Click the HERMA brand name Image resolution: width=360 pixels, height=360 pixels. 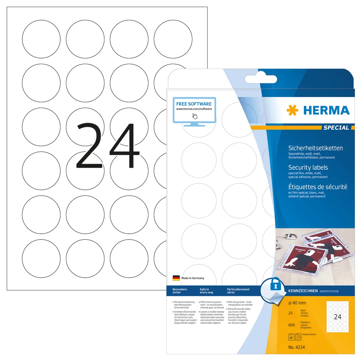tap(326, 110)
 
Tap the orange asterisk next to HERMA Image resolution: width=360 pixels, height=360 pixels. tap(292, 110)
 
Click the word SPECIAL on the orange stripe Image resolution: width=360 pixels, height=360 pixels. tap(336, 128)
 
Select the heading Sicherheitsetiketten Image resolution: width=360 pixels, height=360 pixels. tap(315, 148)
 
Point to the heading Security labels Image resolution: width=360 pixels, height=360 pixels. tap(308, 167)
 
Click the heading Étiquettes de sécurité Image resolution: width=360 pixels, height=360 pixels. tap(317, 187)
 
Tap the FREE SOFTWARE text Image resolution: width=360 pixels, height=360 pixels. tap(194, 104)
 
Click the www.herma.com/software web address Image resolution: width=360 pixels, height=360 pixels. tap(194, 109)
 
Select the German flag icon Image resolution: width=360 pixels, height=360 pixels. tap(176, 278)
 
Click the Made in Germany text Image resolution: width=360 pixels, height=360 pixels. tap(193, 278)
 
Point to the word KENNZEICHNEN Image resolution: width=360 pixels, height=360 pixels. tap(303, 291)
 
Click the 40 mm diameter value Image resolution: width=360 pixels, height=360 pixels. tap(297, 303)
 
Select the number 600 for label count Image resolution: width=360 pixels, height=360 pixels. tap(291, 325)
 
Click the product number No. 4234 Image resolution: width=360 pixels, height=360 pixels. tap(297, 347)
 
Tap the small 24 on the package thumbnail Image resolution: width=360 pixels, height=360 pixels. tap(337, 317)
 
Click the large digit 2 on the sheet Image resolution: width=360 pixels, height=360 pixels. tap(89, 146)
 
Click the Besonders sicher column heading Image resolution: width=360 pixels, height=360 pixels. tap(180, 291)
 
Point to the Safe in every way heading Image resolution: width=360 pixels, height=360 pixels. tap(206, 291)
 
